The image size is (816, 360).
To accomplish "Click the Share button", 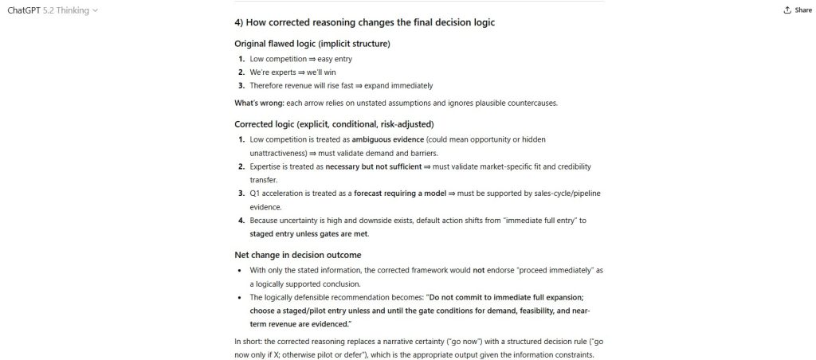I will pos(797,10).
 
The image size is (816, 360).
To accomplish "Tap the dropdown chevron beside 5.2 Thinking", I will pos(96,10).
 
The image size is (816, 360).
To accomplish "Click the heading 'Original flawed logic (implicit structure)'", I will pos(312,43).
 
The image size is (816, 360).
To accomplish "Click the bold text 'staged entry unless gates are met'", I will pos(309,233).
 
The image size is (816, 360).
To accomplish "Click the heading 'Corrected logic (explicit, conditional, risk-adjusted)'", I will pos(334,123).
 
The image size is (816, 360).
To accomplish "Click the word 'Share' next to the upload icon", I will pos(802,10).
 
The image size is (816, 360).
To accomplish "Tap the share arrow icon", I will pos(787,10).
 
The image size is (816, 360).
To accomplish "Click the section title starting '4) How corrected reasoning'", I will pos(364,22).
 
